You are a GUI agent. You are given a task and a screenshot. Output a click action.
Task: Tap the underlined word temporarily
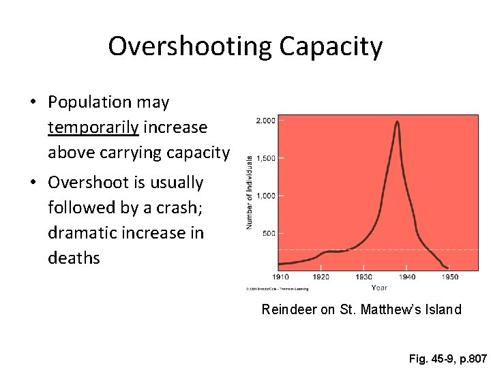[x=93, y=127]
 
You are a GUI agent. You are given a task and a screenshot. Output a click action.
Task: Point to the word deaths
[x=74, y=258]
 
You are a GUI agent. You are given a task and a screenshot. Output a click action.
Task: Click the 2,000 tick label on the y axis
[x=265, y=121]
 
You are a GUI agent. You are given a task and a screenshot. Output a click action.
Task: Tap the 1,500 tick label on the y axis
[x=265, y=158]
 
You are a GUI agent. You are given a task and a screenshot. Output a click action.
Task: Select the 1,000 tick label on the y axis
[x=265, y=196]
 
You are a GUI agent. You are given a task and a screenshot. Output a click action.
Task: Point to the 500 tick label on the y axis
[x=268, y=233]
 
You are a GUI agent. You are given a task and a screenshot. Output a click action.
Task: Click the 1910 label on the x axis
[x=280, y=277]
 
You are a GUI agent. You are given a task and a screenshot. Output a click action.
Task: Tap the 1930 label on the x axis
[x=364, y=277]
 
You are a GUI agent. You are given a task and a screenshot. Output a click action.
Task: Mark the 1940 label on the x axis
[x=406, y=277]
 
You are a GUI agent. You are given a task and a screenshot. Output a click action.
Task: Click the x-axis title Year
[x=379, y=288]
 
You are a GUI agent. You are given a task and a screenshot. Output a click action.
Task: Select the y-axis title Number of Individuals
[x=250, y=192]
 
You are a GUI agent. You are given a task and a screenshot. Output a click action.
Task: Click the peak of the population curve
[x=398, y=123]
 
